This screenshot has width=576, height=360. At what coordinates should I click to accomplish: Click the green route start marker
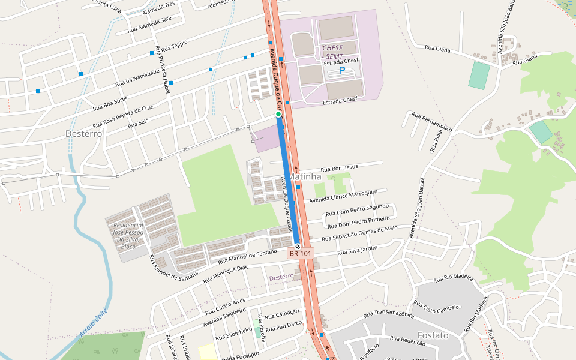point(278,114)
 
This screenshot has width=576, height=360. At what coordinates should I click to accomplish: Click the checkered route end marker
point(297,245)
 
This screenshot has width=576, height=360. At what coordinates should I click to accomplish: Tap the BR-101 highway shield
point(301,254)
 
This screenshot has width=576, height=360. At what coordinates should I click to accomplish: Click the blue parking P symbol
point(342,71)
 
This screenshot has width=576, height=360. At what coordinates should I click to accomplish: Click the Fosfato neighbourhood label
point(431,335)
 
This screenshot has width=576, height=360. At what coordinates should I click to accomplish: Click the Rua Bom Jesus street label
point(339,168)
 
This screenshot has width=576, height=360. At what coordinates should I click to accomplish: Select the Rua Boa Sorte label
point(110,104)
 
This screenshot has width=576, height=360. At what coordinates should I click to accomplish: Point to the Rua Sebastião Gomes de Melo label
point(359,233)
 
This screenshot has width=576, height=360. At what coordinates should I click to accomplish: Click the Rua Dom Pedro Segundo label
point(357,210)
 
